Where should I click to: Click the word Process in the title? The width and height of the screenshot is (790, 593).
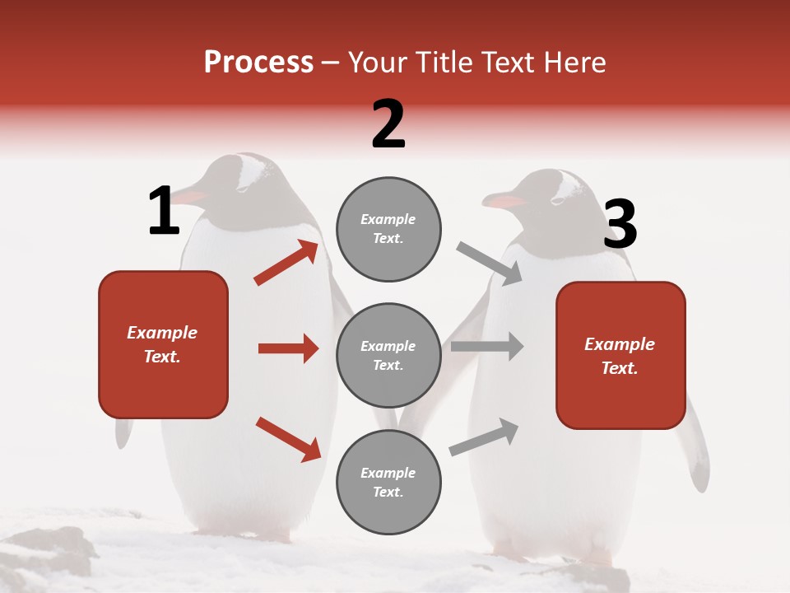pos(258,63)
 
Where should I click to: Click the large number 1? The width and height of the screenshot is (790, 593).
pos(164,211)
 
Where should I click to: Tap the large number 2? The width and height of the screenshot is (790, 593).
pos(388,124)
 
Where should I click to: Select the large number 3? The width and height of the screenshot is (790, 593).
pos(620,224)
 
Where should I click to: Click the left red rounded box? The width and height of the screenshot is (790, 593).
pos(163,344)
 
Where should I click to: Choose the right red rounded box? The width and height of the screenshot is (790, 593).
pos(620,355)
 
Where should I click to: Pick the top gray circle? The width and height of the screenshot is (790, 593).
pos(388,229)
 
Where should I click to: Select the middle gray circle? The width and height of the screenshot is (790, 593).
pos(388,355)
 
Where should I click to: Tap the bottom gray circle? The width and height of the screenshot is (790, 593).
pos(388,482)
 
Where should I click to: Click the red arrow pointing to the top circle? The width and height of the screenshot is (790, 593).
pos(286,262)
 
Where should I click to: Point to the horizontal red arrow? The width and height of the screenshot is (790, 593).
pos(288,348)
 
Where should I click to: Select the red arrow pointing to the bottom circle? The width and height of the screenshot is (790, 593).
pos(288,438)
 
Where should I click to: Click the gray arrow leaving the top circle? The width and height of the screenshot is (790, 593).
pos(489,263)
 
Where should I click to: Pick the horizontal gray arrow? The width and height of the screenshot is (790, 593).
pos(486,346)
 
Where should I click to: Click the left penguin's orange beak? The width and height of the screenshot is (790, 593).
pos(190,198)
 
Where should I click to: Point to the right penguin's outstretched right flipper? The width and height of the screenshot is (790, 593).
pos(696,449)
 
